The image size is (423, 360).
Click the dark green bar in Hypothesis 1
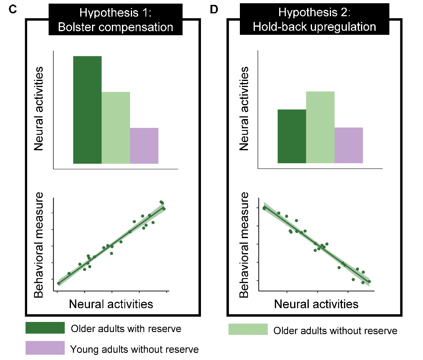pos(87,110)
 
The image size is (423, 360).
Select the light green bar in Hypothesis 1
pos(115,128)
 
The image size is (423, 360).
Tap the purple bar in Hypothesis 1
pos(144,146)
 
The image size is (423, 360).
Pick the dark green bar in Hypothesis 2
pos(292,136)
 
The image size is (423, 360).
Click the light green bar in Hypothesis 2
pos(320,127)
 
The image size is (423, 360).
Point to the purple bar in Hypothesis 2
pos(348,145)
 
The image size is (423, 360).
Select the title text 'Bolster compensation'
pos(115,28)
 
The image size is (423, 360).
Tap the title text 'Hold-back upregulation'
pos(314,28)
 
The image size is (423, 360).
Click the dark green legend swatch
pos(45,328)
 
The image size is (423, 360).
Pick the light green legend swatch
pos(248,330)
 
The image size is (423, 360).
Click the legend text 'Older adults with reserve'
pos(126,328)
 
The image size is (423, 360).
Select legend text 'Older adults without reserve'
pos(335,331)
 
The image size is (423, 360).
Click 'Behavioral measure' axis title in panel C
pos(39,245)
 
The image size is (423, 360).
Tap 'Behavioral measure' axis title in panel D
pos(244,245)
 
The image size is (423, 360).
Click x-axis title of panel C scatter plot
pos(111,304)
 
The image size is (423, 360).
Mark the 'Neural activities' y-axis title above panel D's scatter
pos(244,109)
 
